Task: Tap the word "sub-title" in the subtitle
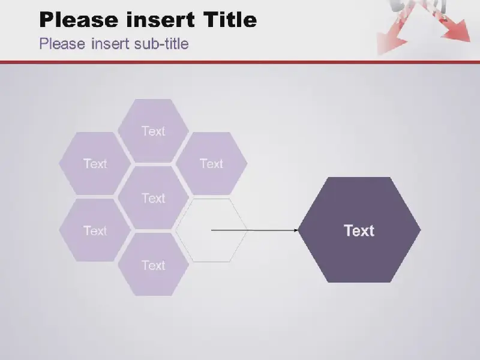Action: pyautogui.click(x=161, y=43)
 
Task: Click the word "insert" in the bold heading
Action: pyautogui.click(x=160, y=20)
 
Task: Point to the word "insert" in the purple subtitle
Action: pyautogui.click(x=110, y=43)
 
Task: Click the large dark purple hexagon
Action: pyautogui.click(x=359, y=230)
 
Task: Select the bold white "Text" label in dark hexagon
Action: pyautogui.click(x=359, y=230)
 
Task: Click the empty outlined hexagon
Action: pyautogui.click(x=211, y=230)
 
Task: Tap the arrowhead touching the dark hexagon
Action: pyautogui.click(x=296, y=230)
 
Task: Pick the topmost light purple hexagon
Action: pyautogui.click(x=153, y=131)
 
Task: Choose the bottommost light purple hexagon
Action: pyautogui.click(x=153, y=265)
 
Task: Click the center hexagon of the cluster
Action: pyautogui.click(x=153, y=198)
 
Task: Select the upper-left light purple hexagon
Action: pyautogui.click(x=95, y=163)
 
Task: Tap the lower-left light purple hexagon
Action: pyautogui.click(x=95, y=230)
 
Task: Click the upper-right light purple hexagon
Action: pyautogui.click(x=211, y=163)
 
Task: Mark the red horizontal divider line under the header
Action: pyautogui.click(x=240, y=62)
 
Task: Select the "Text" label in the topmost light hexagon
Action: pyautogui.click(x=154, y=131)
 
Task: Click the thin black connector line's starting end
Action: pyautogui.click(x=212, y=230)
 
